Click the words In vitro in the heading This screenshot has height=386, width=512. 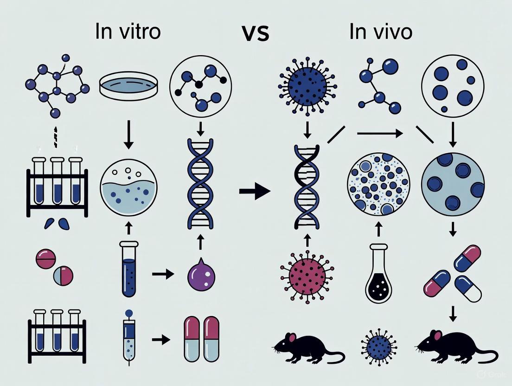point(128,32)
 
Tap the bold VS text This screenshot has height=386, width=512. point(255,33)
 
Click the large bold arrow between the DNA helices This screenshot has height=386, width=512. point(255,191)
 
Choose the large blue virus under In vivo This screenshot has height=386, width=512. point(307,85)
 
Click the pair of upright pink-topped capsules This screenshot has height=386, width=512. point(201,339)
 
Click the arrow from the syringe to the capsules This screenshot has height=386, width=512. point(161,340)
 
